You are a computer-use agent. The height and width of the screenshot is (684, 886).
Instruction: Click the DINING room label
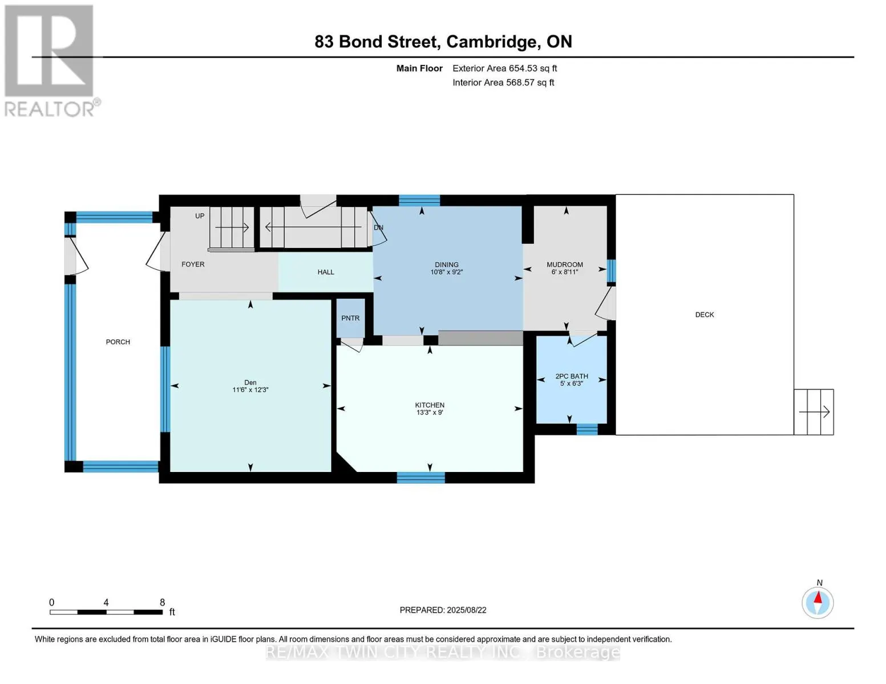tap(447, 265)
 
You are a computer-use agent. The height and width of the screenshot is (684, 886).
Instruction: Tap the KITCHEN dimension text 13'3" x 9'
tap(430, 412)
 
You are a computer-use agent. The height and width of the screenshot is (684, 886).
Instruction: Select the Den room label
tap(250, 382)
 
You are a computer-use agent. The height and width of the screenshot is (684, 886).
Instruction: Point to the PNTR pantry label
tap(350, 318)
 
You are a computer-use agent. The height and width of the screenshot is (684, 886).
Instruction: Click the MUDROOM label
tap(565, 265)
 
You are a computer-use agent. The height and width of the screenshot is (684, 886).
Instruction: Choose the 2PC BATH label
tap(572, 376)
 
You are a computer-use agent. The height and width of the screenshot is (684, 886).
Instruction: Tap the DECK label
tap(705, 315)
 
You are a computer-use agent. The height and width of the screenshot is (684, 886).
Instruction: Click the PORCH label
tap(118, 342)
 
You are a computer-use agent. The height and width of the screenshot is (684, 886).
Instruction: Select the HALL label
tap(326, 272)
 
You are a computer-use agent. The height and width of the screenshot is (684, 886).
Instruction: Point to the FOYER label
tap(193, 264)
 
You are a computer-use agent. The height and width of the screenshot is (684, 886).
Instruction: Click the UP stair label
tap(199, 216)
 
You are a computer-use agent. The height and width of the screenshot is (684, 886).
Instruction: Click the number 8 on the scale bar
tap(162, 602)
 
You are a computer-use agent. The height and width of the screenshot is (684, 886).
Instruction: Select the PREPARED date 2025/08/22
tap(467, 610)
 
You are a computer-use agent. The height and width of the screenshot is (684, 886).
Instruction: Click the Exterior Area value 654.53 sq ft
tap(532, 68)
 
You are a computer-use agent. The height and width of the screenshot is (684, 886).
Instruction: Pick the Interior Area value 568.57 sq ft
tap(530, 82)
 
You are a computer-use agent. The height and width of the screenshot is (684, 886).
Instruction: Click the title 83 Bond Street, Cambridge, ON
tap(443, 42)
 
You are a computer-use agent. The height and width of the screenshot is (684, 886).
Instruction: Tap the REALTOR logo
tap(52, 61)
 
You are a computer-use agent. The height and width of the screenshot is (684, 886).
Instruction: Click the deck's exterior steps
tap(814, 412)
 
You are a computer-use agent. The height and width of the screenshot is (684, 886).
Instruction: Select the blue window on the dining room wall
tap(419, 201)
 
